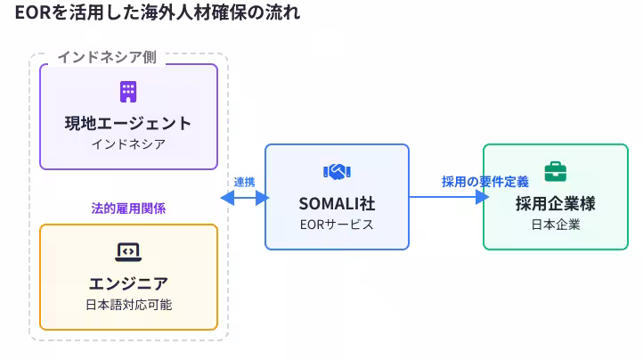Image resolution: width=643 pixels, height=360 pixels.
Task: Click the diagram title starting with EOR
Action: pos(157,12)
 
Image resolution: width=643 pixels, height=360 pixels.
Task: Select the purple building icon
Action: pos(128,91)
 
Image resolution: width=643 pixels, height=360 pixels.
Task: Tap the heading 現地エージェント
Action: pos(128,123)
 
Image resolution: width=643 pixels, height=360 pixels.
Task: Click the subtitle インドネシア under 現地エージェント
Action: pos(128,143)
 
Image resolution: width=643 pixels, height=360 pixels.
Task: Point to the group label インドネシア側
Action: pos(107,56)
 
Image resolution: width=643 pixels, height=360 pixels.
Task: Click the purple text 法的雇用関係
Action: pos(128,209)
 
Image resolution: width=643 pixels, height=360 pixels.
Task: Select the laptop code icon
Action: pos(128,251)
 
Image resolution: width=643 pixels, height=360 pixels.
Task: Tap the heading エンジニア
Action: pos(128,283)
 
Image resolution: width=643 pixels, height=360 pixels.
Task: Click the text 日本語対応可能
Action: pos(128,305)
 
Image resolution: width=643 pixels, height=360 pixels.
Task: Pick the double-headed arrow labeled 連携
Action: pos(244,198)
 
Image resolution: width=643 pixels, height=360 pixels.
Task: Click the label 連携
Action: pos(244,182)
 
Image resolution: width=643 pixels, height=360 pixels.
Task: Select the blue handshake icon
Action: pos(337,171)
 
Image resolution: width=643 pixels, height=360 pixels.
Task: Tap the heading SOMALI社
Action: pos(337,203)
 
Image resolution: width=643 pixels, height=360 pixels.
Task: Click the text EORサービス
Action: pos(337,225)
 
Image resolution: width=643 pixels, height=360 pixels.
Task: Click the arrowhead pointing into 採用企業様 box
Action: pos(483,198)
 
